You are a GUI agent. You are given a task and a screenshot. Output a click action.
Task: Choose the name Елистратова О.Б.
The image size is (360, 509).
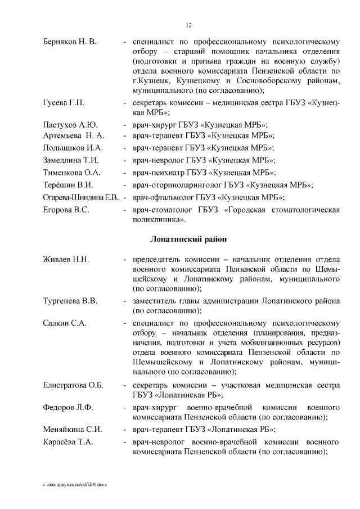click(x=73, y=385)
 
